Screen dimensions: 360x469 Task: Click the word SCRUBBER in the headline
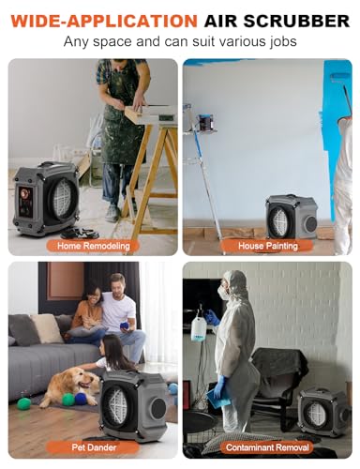point(296,21)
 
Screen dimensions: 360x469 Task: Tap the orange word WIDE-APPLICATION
point(104,21)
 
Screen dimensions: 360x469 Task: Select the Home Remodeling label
point(94,246)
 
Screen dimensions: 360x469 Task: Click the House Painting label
point(268,246)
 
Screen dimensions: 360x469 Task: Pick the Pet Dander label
point(94,447)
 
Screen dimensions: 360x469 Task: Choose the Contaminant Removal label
point(267,447)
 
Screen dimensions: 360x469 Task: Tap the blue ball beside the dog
point(81,399)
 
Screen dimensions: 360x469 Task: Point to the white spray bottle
point(198,328)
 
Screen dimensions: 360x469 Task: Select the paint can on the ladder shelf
point(205,122)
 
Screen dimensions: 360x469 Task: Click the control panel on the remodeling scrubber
point(25,201)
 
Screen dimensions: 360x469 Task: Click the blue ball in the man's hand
point(127,326)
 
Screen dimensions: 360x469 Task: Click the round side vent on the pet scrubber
point(158,409)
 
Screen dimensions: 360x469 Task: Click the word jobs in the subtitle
point(283,41)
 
